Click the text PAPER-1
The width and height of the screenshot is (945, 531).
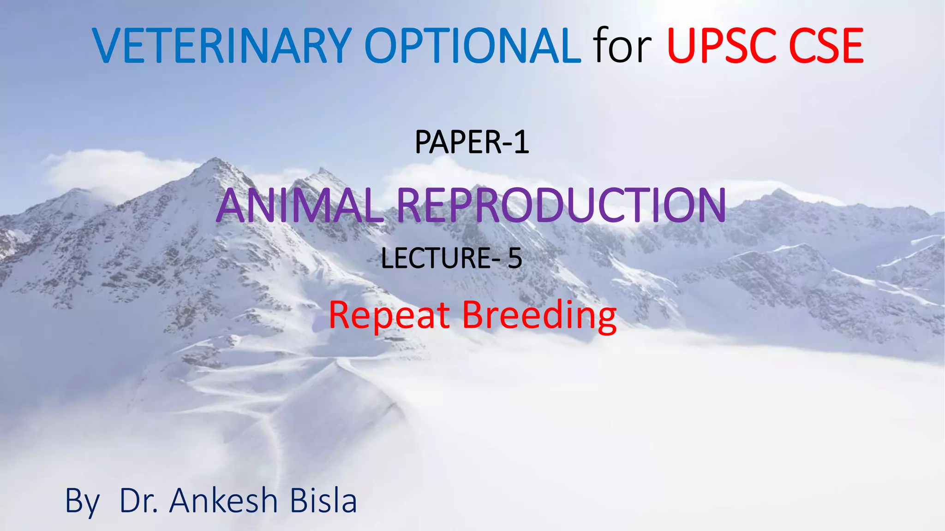[x=472, y=142]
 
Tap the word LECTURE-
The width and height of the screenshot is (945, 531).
[x=440, y=258]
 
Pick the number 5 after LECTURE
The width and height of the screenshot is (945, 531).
[x=515, y=258]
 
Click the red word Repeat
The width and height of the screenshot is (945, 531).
[x=389, y=315]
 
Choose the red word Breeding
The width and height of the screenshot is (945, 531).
[x=539, y=316]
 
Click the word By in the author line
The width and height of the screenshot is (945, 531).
[x=82, y=501]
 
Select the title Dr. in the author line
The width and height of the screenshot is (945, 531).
[x=139, y=501]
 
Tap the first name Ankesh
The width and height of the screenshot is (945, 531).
[x=223, y=501]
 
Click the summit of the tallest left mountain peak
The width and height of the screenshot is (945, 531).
[x=215, y=159]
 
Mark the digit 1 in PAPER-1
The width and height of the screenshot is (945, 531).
[x=521, y=142]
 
